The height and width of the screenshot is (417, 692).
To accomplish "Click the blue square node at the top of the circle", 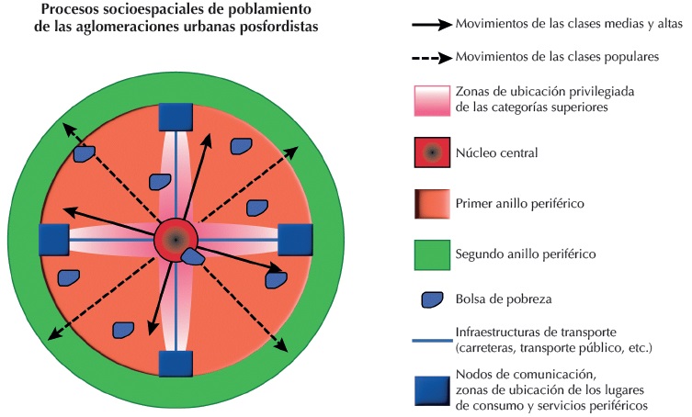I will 175,117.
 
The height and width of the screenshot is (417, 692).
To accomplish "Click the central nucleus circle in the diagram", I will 174,239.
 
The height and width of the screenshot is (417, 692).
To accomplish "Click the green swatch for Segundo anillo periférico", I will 432,253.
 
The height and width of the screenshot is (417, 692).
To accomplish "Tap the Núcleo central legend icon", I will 432,152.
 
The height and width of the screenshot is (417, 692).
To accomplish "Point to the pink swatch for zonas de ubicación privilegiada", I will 432,101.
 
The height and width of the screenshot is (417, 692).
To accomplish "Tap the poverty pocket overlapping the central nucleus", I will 192,257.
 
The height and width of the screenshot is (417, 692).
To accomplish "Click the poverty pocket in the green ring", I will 84,155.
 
